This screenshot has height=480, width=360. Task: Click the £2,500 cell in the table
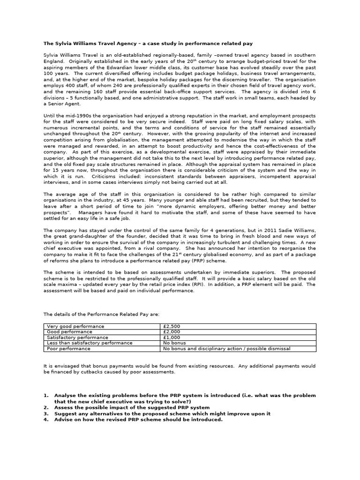pos(171,326)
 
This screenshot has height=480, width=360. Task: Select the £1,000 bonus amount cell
pos(171,337)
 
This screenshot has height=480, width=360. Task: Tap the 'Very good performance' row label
pos(75,326)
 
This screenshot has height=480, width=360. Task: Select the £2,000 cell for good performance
pos(171,331)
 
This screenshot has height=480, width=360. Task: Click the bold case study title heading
pos(148,44)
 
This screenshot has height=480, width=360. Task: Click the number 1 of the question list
pos(46,396)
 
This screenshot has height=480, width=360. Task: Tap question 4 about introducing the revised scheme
pos(138,420)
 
